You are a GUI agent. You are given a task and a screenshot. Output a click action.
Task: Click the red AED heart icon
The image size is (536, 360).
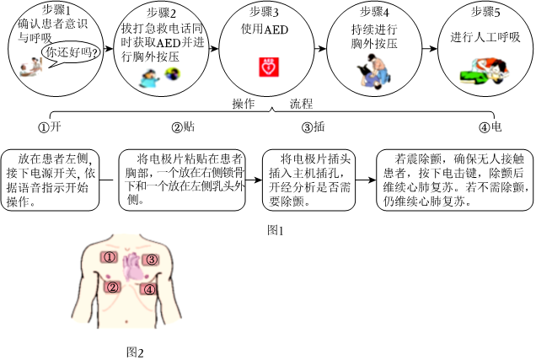[x=269, y=67]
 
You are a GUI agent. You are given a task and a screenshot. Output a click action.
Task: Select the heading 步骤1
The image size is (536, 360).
[x=56, y=10]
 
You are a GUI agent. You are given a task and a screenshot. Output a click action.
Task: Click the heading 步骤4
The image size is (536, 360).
[x=375, y=13]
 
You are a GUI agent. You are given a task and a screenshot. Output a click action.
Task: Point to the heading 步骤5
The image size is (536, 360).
[x=485, y=13]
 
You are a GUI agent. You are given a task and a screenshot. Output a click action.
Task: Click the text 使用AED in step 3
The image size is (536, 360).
[x=265, y=30]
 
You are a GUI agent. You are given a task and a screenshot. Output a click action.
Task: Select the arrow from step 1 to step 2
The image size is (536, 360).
[x=109, y=49]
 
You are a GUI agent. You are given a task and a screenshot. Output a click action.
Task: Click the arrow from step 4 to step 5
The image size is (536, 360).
[x=430, y=49]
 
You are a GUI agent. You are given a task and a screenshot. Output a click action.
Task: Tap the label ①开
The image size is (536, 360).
[x=50, y=126]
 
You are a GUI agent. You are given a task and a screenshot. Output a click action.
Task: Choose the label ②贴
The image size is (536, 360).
[x=183, y=126]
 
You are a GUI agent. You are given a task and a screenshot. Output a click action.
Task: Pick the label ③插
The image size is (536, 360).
[x=314, y=126]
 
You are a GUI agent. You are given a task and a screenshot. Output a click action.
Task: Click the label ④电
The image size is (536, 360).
[x=490, y=126]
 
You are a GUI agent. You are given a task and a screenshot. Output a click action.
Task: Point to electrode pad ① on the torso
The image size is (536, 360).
[x=109, y=257]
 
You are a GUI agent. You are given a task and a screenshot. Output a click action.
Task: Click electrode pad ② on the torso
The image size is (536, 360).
[x=112, y=287]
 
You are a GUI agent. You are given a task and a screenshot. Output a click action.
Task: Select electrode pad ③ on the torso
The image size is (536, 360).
[x=151, y=260]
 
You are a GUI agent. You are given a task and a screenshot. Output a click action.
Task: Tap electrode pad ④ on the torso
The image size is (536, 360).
[x=148, y=289]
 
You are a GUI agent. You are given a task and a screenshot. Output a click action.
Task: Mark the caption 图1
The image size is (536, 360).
[x=276, y=231]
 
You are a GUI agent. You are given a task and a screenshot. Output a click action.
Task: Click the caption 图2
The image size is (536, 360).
[x=135, y=352]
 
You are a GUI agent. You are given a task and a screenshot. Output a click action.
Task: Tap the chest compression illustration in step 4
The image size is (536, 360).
[x=374, y=71]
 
